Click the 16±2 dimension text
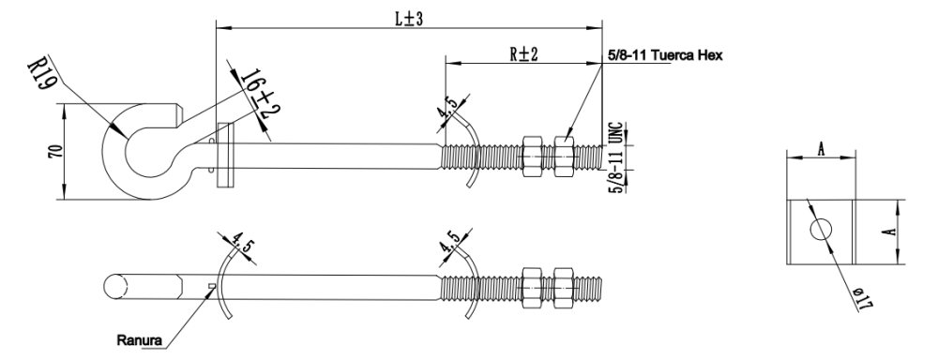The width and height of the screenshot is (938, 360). tap(255, 95)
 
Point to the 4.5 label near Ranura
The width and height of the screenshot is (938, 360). tap(233, 241)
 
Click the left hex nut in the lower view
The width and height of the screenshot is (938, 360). tap(530, 283)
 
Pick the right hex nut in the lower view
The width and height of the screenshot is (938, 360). tap(564, 283)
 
